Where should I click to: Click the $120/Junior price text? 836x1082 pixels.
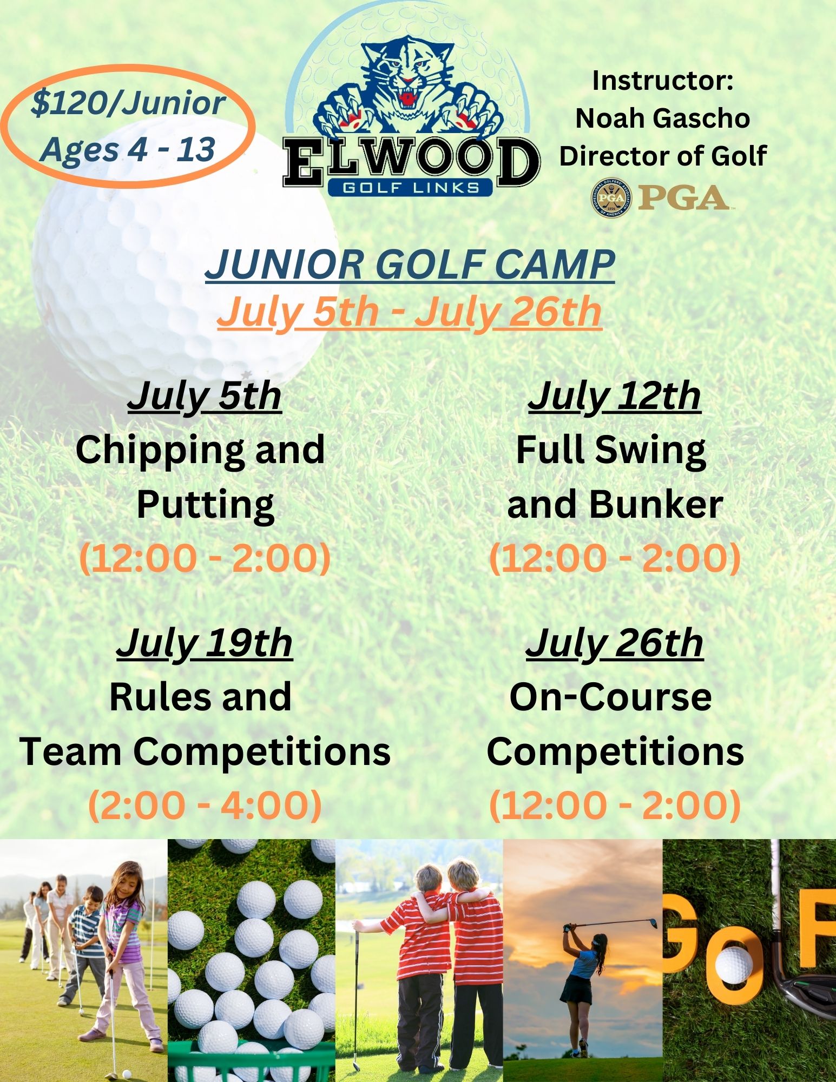pos(128,103)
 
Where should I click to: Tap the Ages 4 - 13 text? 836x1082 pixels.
pos(128,149)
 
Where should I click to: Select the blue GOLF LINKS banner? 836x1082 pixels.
pos(410,187)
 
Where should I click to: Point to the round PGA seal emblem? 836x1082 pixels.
pos(611,198)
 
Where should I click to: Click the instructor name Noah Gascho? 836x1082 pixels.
pos(662,118)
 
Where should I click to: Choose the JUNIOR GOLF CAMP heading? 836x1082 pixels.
pos(410,265)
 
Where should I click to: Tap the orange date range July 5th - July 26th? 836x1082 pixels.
pos(409,312)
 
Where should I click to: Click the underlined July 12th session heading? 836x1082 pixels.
pos(614,397)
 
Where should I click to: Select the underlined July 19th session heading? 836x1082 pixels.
pos(205,643)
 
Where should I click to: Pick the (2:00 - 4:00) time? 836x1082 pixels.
pos(205,804)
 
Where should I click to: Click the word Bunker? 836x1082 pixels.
pos(656,504)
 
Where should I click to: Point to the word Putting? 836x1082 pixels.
pos(205,504)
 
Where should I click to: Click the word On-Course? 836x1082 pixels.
pos(610,697)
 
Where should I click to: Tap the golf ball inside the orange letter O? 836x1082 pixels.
pos(733,966)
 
